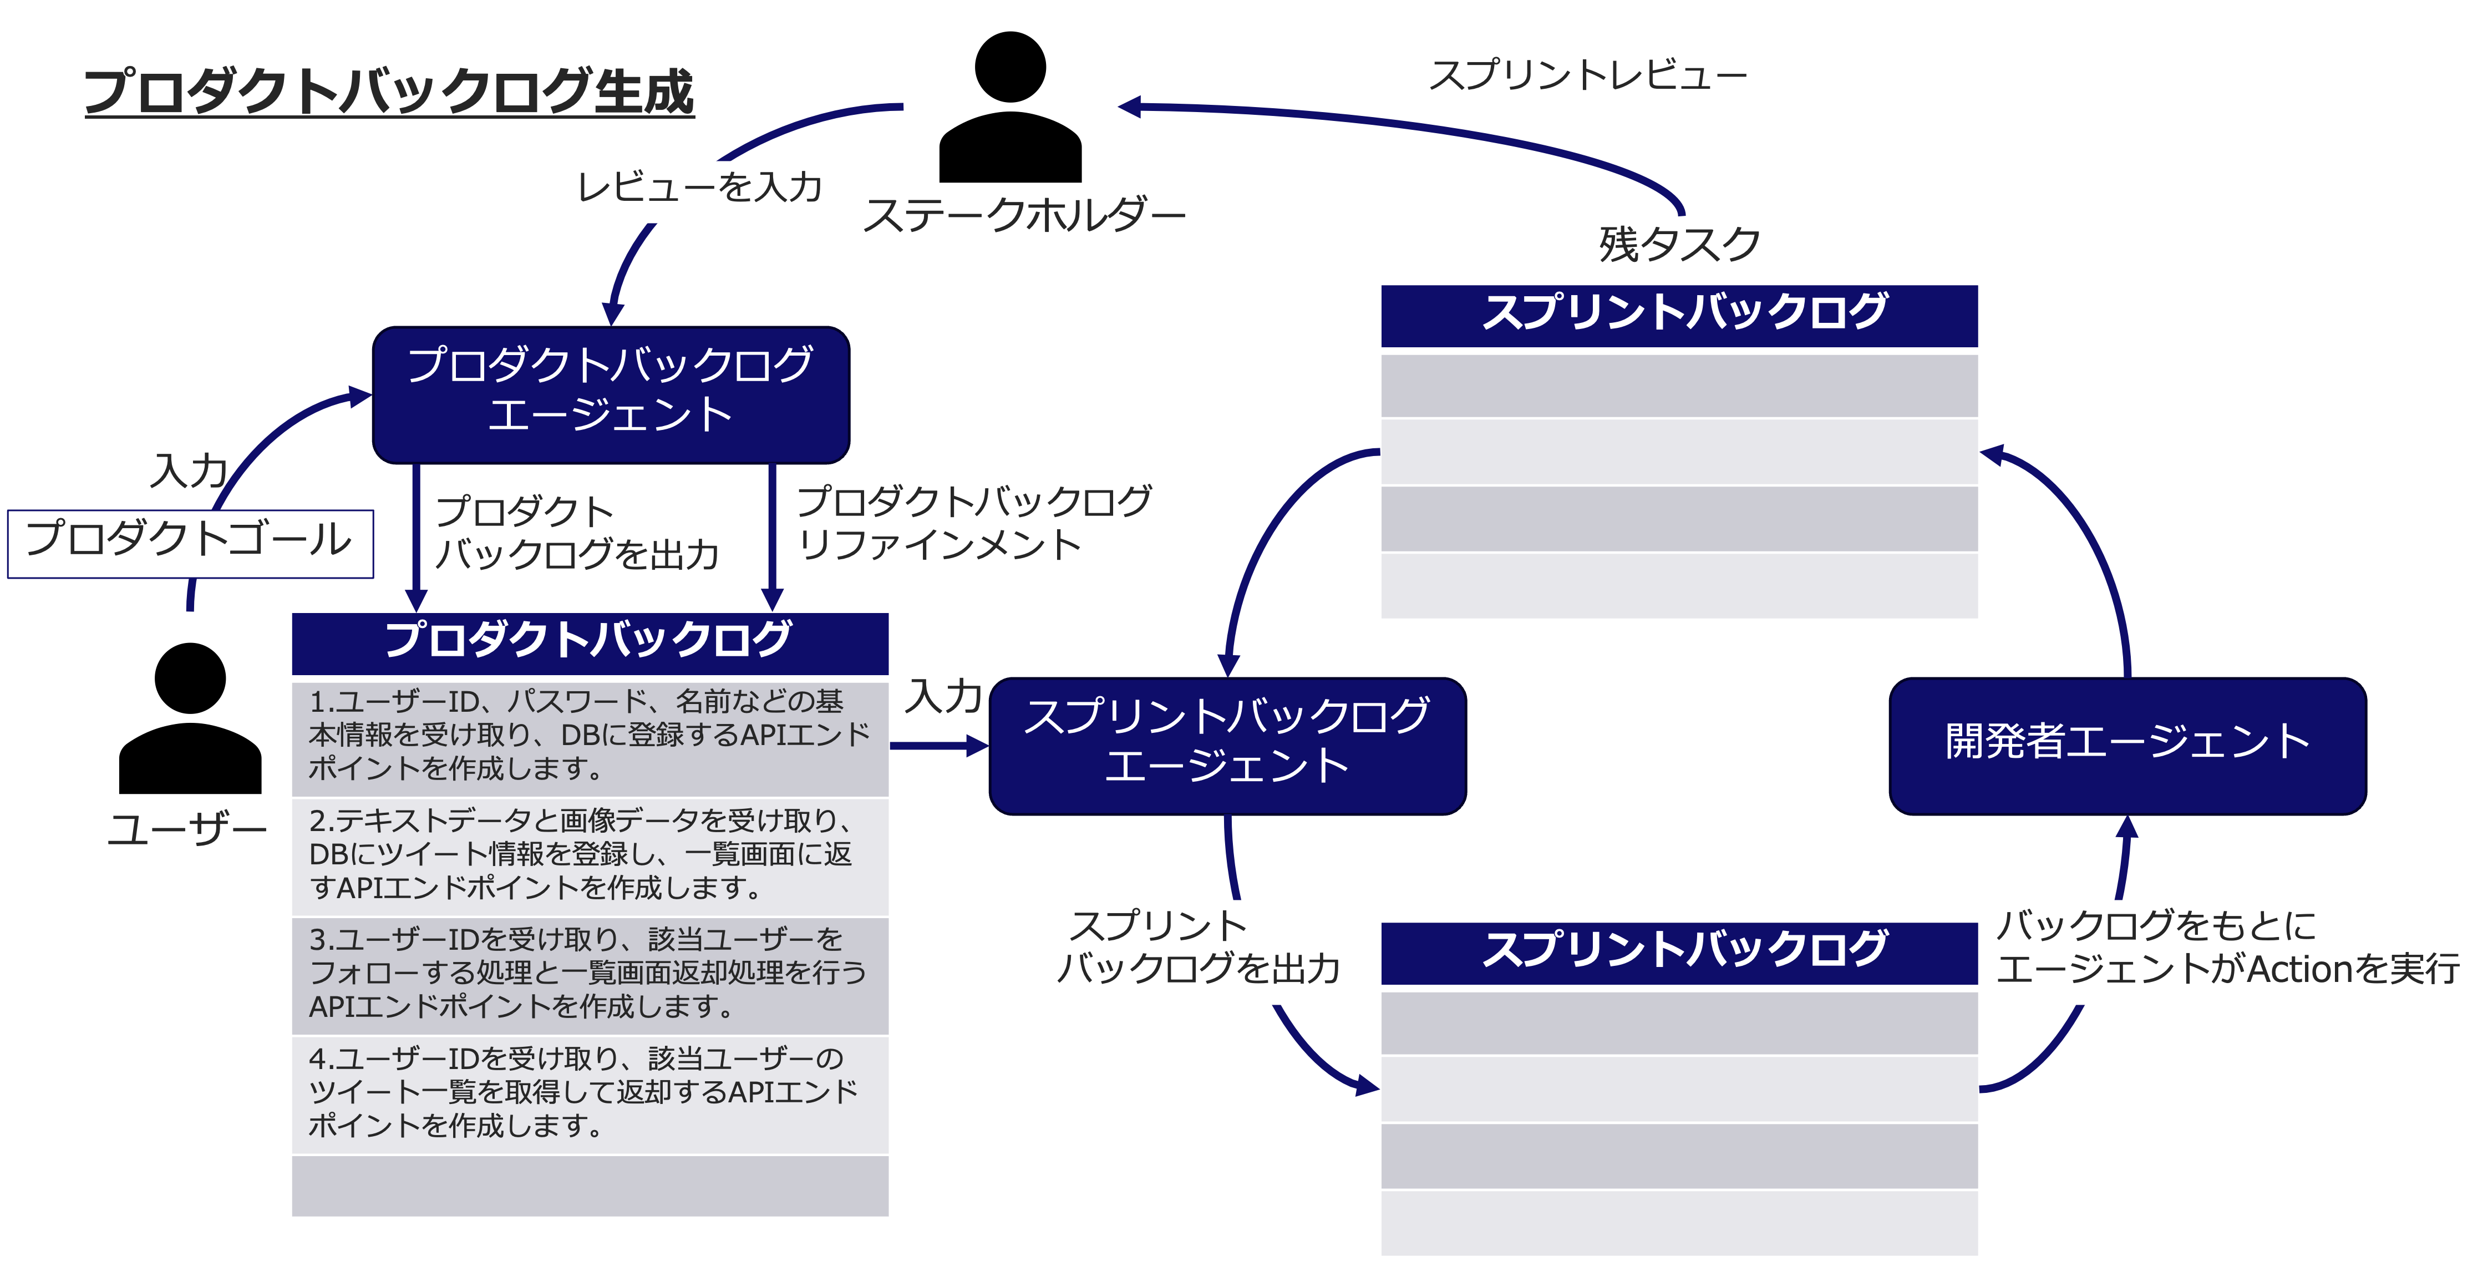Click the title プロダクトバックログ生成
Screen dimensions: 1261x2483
pos(389,92)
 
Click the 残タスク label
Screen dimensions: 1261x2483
pos(1679,244)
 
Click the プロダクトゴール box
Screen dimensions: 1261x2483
pos(190,543)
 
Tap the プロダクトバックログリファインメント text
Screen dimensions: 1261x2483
pos(973,523)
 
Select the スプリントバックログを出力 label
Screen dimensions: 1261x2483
pos(1200,950)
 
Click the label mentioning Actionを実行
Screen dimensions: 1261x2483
pos(2227,950)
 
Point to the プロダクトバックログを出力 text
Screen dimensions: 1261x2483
pos(576,532)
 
